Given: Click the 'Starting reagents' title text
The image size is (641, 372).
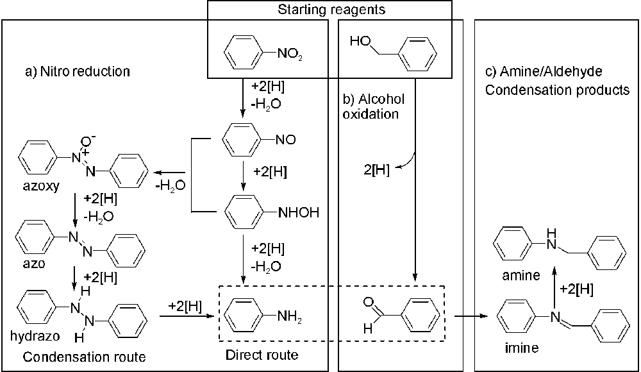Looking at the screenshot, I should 330,10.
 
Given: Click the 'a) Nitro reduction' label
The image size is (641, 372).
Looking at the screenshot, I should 77,71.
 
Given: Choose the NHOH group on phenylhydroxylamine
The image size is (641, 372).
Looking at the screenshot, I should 299,211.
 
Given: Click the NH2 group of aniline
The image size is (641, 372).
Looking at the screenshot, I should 288,316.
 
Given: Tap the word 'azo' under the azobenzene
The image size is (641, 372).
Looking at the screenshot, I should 30,264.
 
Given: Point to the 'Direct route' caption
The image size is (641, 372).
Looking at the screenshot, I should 263,354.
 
